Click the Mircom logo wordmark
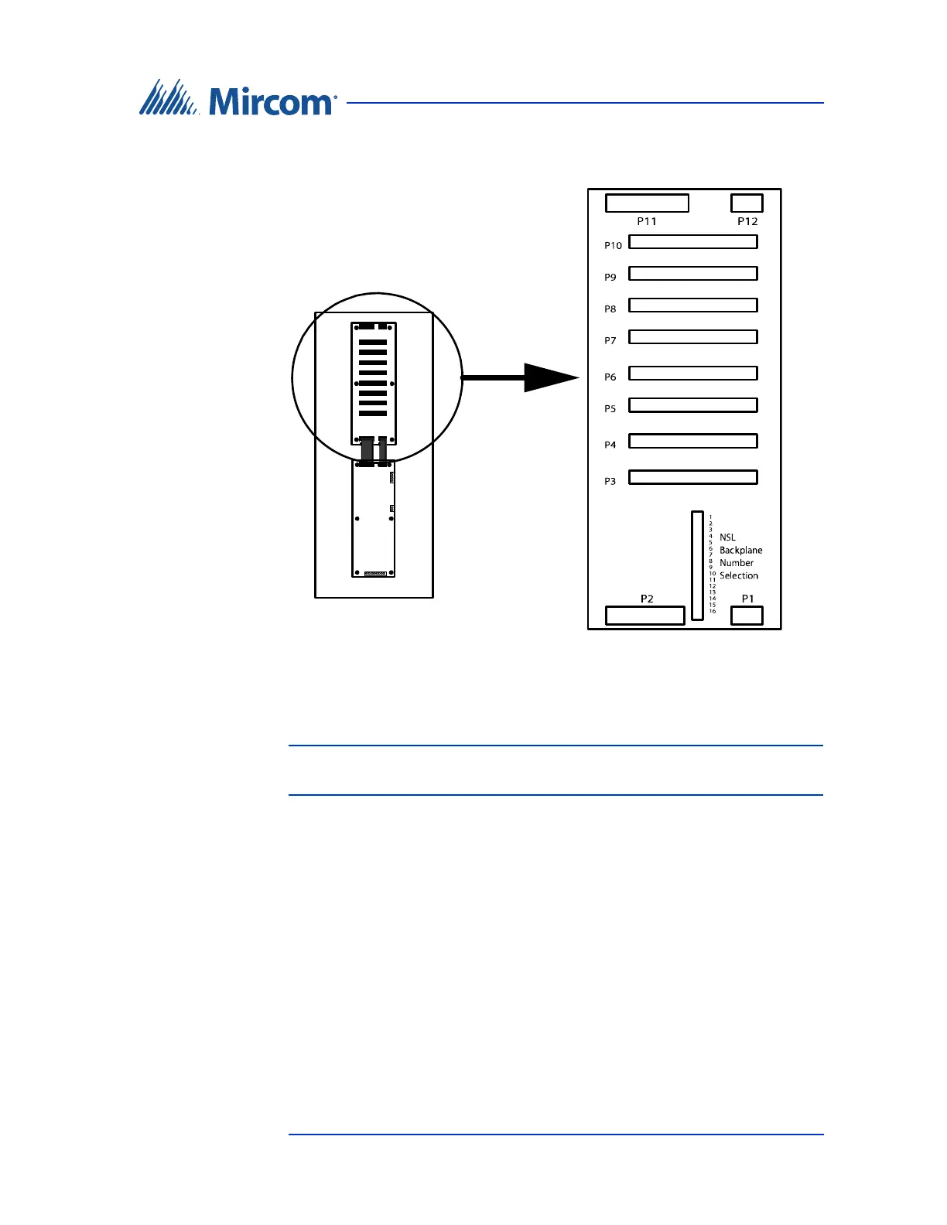point(271,101)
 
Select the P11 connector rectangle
point(647,203)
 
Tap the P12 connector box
point(747,203)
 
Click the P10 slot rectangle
point(692,242)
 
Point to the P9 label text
point(610,277)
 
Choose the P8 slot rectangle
point(692,305)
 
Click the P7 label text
point(610,340)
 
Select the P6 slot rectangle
point(692,374)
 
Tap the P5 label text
point(610,408)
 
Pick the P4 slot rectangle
point(692,442)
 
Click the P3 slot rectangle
point(692,478)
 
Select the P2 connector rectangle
point(645,616)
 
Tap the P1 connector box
point(747,616)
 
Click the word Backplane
point(740,550)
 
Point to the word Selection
point(739,575)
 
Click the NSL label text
point(727,537)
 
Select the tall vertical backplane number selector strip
point(697,565)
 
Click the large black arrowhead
point(550,377)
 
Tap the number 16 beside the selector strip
point(713,611)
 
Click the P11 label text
point(647,221)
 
